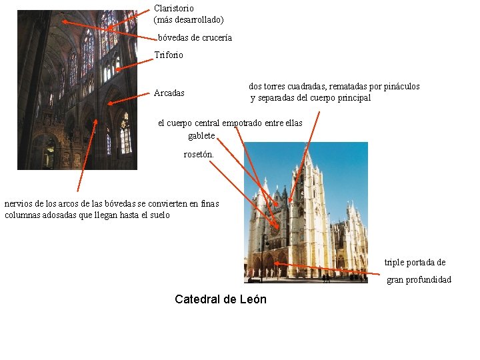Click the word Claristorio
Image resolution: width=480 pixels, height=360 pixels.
pos(174,9)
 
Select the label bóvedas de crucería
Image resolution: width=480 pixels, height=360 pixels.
pos(195,38)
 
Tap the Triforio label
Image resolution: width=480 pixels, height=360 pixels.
pos(169,55)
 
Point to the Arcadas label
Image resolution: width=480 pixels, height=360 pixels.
pos(169,93)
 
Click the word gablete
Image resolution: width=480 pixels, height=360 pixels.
pos(201,136)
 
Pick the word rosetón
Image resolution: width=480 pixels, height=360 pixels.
pos(199,155)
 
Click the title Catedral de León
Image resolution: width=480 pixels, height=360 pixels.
pos(220,299)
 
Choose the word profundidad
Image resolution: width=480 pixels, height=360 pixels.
pos(429,279)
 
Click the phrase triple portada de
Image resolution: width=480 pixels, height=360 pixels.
pos(415,263)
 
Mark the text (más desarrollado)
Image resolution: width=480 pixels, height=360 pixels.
pos(189,20)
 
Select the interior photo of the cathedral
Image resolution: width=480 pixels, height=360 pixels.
pos(77,90)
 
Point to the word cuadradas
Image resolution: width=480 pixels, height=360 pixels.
pos(313,87)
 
